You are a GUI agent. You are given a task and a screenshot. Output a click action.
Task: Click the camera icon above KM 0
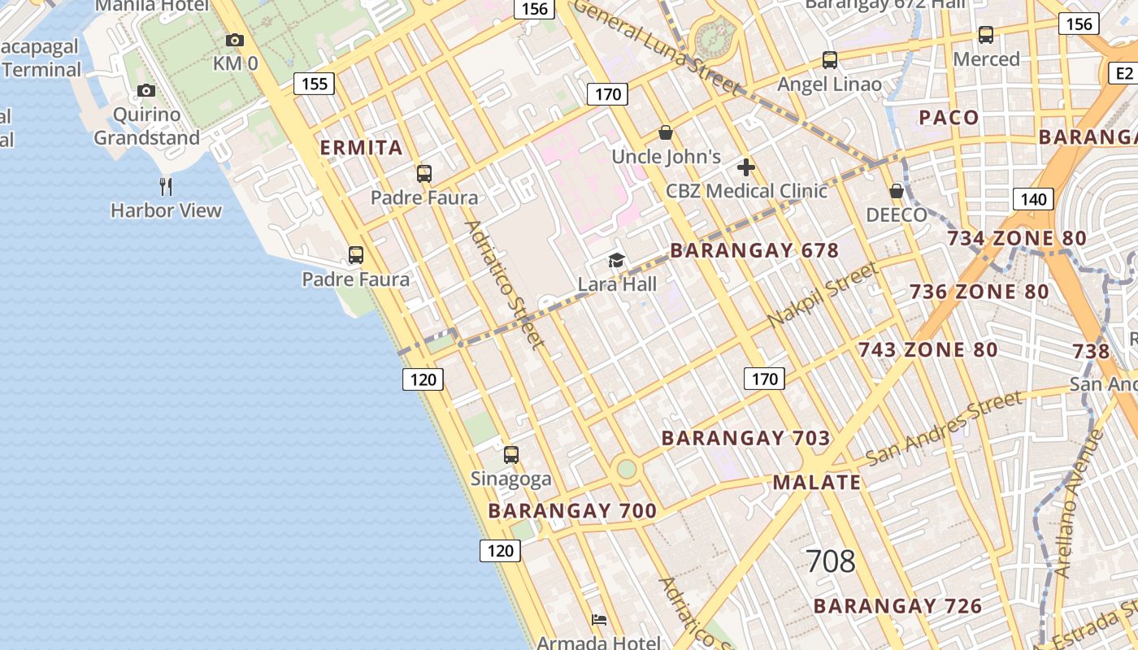click(235, 40)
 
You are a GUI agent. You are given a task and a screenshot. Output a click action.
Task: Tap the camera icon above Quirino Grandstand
click(146, 90)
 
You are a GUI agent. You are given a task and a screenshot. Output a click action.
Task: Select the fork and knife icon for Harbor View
click(166, 187)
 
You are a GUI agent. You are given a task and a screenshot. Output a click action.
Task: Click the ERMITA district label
click(361, 148)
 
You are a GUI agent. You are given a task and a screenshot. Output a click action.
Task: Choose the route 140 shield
click(1033, 199)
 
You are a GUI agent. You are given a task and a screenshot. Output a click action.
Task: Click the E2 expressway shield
click(1123, 74)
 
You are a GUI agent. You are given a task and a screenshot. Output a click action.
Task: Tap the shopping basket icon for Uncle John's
click(666, 132)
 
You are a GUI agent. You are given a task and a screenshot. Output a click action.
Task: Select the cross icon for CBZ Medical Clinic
click(745, 168)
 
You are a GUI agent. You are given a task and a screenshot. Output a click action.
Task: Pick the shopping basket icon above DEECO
click(897, 191)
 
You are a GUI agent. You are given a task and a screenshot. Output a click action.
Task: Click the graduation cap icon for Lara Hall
click(617, 261)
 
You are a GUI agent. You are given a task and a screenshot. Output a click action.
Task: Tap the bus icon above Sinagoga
click(510, 455)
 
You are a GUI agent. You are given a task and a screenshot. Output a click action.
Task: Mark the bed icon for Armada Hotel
click(599, 620)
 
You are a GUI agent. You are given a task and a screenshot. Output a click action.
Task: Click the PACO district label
click(949, 118)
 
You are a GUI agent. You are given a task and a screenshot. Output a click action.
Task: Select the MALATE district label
click(816, 483)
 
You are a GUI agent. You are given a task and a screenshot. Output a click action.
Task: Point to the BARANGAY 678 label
click(754, 250)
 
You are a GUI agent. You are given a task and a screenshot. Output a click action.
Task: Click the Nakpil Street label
click(823, 294)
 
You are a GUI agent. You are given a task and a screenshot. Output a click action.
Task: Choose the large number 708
click(831, 561)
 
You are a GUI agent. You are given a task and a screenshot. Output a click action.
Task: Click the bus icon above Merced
click(986, 35)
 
